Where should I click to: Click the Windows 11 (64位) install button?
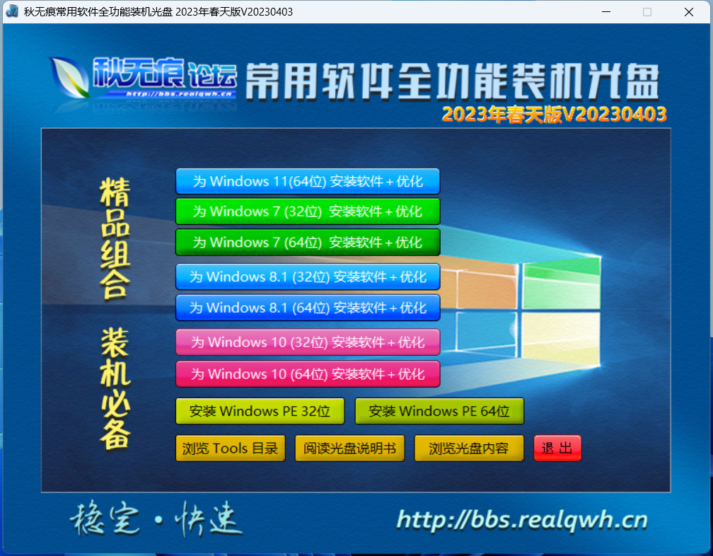308,181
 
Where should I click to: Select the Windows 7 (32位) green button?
308,212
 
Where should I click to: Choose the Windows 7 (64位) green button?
308,243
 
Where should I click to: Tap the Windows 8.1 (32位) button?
308,277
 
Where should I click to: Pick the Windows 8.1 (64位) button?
308,308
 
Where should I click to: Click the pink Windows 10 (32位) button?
308,342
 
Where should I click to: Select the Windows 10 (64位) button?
308,374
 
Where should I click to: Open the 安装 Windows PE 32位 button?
260,412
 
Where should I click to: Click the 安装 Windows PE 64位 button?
439,412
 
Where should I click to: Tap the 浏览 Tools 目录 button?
230,448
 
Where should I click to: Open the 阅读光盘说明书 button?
349,448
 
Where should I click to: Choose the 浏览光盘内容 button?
469,448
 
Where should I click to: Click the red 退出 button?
557,448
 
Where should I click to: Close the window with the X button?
689,12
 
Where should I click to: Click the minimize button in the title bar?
606,12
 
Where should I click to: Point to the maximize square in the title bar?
647,12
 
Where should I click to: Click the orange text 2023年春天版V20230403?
555,115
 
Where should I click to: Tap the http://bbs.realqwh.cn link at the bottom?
522,520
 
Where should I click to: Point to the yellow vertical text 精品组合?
115,238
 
